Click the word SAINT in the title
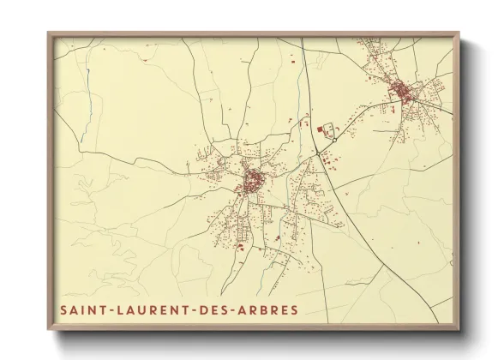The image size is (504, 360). coord(80,309)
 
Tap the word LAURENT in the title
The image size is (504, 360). coord(141,309)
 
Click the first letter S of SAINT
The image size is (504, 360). coord(63,309)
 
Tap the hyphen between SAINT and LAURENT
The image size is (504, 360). coord(102,309)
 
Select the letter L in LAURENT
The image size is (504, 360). coord(110,309)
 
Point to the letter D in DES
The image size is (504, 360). coord(189,309)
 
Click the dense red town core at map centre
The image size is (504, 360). coord(254,182)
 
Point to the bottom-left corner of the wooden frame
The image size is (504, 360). coord(49,329)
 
